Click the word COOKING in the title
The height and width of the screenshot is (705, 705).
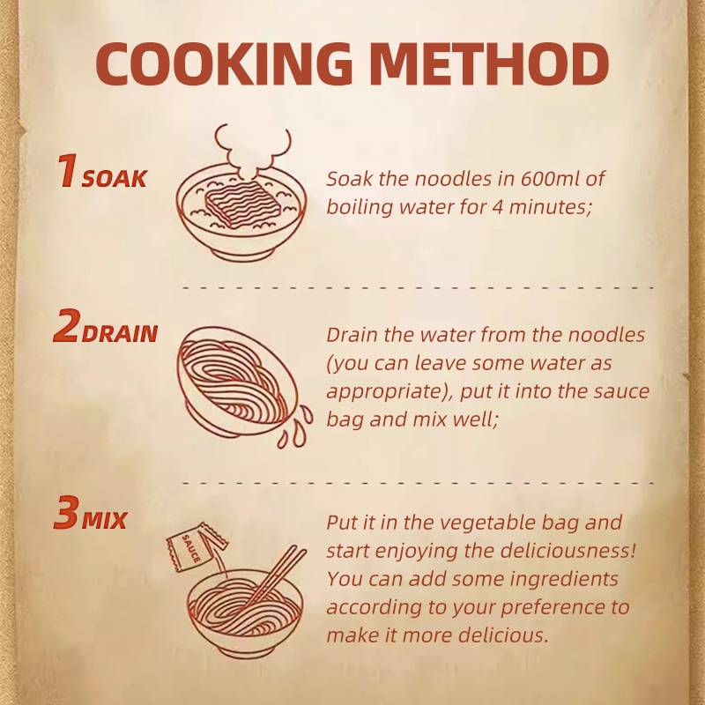224,63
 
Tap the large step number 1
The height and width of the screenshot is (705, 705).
68,170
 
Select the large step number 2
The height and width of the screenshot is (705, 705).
67,325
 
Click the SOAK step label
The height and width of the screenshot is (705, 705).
115,179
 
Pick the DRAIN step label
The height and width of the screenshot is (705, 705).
120,334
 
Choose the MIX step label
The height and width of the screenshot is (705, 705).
104,520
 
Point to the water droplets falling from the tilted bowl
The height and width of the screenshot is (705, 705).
295,427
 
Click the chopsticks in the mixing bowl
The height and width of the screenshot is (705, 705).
275,577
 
